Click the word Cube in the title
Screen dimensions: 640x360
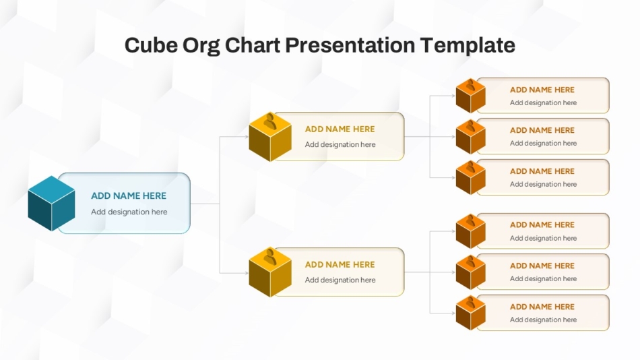[x=151, y=45]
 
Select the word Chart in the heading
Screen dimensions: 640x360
[x=253, y=45]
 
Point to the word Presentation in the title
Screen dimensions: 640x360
[x=350, y=45]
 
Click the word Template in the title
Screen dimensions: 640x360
[x=468, y=46]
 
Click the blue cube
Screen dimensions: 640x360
[x=51, y=204]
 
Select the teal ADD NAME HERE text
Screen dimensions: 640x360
[x=129, y=196]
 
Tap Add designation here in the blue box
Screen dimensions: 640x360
[x=129, y=212]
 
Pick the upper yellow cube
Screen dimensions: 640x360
[x=270, y=136]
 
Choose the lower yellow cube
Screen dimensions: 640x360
[x=270, y=272]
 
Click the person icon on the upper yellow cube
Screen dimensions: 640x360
[x=269, y=121]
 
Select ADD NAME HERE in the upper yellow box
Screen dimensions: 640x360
[x=340, y=129]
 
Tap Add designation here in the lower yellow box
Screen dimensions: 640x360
[x=340, y=280]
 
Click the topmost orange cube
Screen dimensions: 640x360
[x=471, y=96]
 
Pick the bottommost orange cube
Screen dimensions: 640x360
[x=471, y=313]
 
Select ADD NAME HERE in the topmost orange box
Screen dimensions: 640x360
[x=542, y=90]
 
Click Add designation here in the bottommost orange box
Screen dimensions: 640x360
[x=543, y=320]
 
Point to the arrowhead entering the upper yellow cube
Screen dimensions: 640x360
[x=247, y=136]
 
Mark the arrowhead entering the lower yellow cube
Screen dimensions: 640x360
[x=247, y=272]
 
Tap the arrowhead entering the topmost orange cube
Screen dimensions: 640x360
[x=453, y=96]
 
